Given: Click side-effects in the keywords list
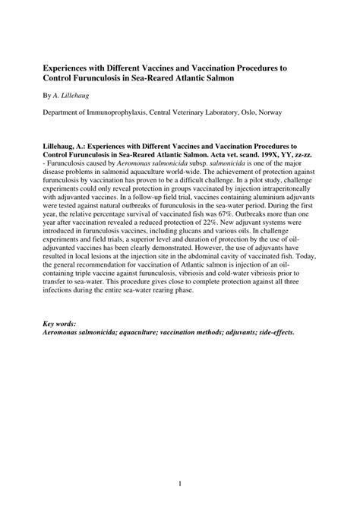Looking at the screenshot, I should pos(272,334).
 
